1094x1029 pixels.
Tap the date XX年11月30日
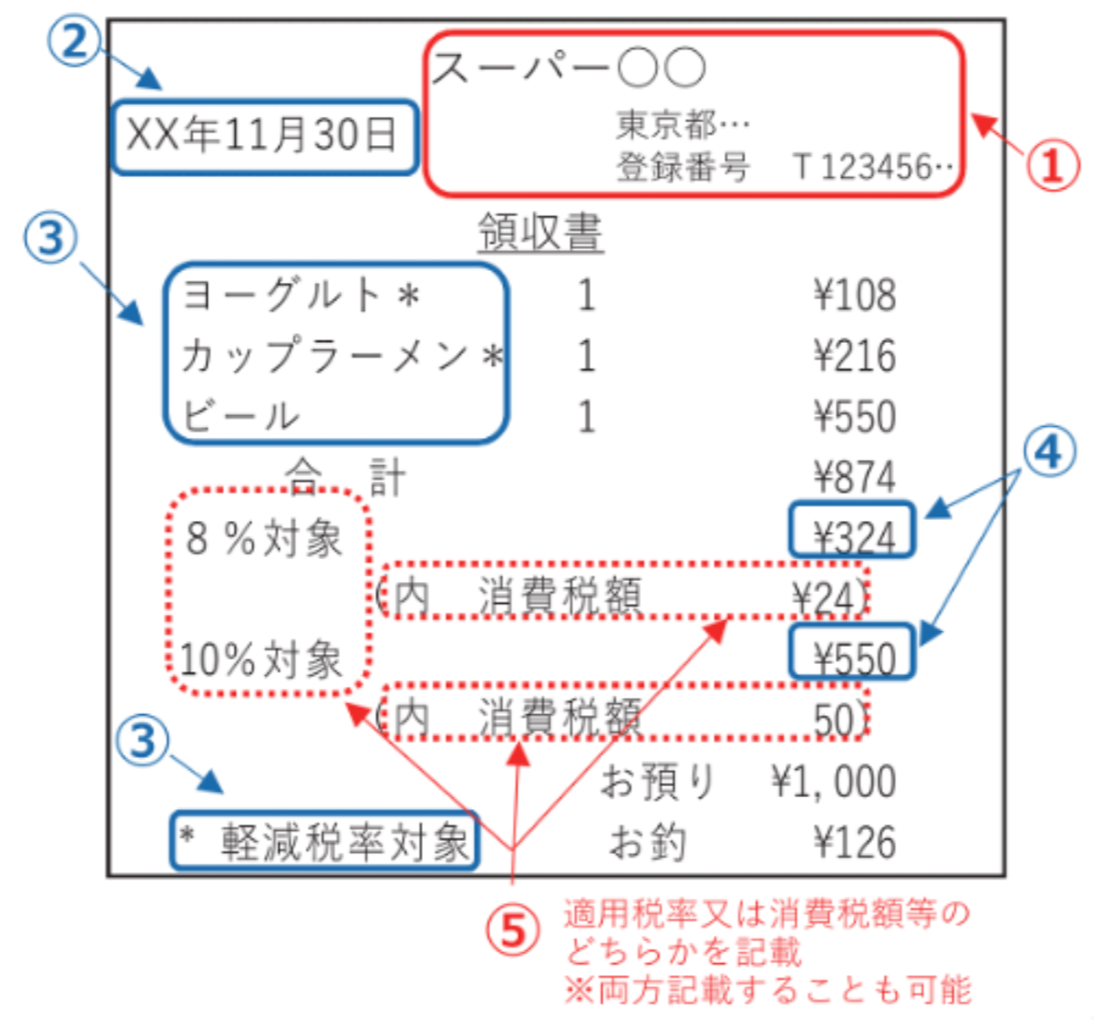261,135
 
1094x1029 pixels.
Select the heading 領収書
541,232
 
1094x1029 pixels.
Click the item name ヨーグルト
282,295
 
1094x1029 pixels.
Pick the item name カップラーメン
325,355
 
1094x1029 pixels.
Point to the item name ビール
242,415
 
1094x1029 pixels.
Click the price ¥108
855,296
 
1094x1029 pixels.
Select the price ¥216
855,356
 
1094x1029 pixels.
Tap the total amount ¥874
855,476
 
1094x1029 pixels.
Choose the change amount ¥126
855,842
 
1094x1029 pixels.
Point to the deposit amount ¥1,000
833,782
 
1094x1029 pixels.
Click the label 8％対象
263,538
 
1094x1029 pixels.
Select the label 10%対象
261,660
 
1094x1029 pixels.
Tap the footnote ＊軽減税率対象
325,842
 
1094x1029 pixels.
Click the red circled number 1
1052,165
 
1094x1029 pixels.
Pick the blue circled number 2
75,40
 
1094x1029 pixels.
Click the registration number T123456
872,167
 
